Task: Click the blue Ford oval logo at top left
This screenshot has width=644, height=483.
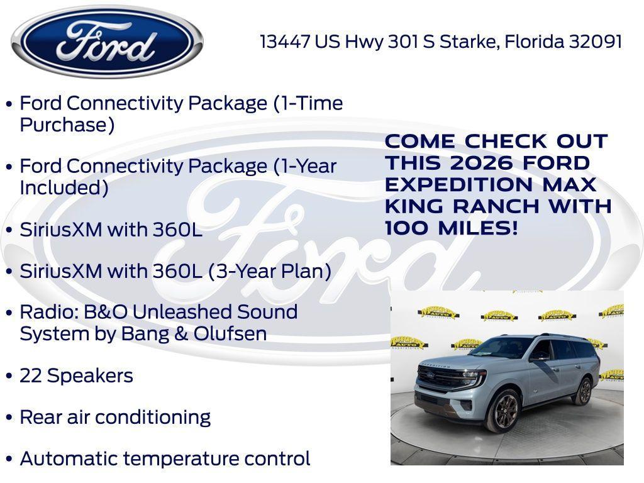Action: coord(107,42)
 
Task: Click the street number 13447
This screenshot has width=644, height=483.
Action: coord(285,42)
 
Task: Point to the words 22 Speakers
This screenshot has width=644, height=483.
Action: coord(76,375)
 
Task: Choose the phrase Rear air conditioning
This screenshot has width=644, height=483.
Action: coord(115,417)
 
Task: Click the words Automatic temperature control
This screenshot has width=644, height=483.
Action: coord(165,458)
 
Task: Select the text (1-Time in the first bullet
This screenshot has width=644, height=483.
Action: coord(308,103)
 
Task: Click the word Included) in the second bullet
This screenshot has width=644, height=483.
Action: coord(64,187)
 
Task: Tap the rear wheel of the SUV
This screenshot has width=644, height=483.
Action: coord(583,391)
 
